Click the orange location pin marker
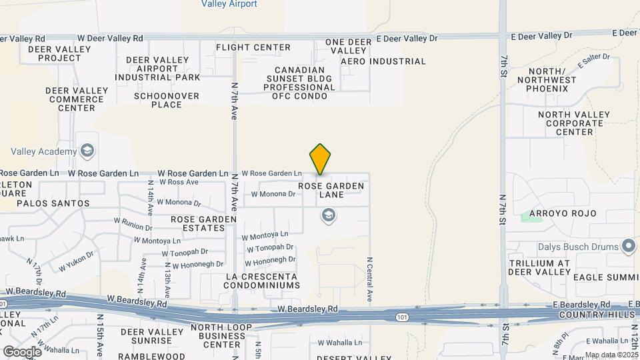(x=320, y=159)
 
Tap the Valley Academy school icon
(x=87, y=151)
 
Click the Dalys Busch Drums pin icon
(x=629, y=247)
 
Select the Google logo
(x=22, y=351)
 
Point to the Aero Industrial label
(x=383, y=61)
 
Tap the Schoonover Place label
(x=157, y=100)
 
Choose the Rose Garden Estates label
(x=203, y=223)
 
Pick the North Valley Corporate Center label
(x=574, y=123)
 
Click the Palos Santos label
(x=53, y=203)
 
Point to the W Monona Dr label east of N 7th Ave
(x=273, y=194)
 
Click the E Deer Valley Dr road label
(x=407, y=38)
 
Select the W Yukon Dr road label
(x=76, y=261)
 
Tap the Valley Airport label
(x=229, y=4)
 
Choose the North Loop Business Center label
(x=221, y=336)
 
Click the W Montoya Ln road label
(x=265, y=235)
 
